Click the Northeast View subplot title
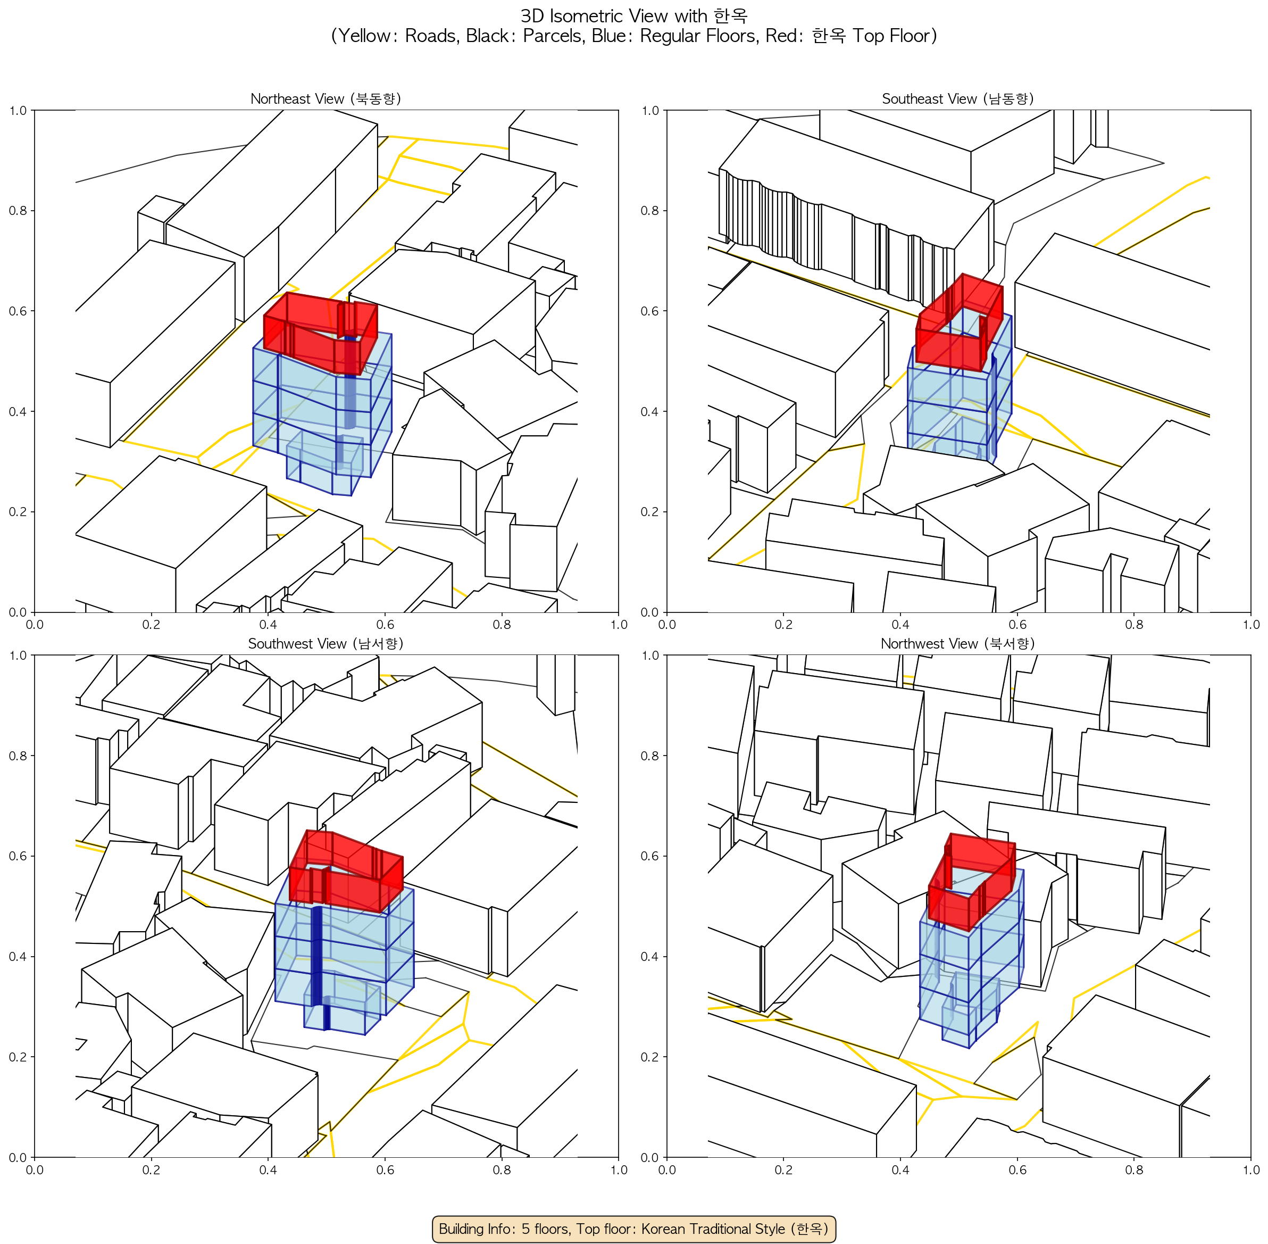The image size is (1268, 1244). [326, 98]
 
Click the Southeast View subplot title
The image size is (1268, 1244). [958, 98]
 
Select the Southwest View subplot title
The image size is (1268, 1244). [326, 644]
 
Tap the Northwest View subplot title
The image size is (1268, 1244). [958, 644]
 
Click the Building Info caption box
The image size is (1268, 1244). [633, 1229]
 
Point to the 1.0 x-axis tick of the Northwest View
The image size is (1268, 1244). [1251, 1170]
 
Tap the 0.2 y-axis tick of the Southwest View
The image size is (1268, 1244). [18, 1057]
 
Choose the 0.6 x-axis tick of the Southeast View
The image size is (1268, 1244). [1017, 625]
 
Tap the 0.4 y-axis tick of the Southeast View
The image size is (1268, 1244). [650, 412]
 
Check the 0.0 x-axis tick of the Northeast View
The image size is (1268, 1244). [34, 625]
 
